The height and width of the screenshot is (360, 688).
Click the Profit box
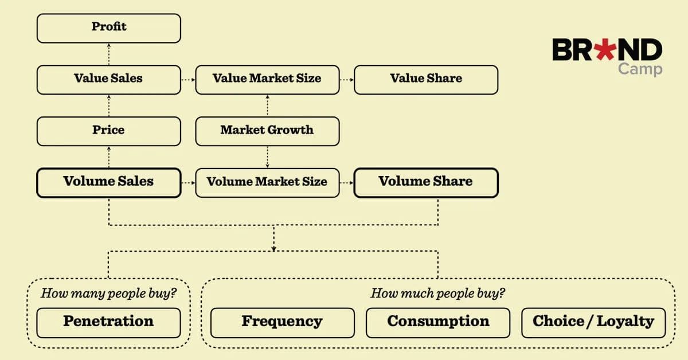[109, 28]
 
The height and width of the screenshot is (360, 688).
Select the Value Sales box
[109, 80]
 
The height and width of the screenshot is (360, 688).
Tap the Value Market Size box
[268, 80]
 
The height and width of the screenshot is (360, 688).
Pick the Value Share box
[426, 80]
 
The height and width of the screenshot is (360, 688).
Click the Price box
[109, 131]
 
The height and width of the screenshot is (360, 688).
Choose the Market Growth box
[268, 131]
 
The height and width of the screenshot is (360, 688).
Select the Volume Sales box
[109, 183]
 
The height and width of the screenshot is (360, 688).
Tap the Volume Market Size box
[268, 183]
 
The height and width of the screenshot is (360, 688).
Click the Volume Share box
[426, 183]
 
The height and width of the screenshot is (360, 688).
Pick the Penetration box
[109, 323]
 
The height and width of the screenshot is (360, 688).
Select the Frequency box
[283, 323]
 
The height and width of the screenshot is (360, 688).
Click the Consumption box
[438, 323]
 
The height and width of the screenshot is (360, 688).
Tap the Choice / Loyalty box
[594, 323]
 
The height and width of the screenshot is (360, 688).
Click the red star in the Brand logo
[605, 49]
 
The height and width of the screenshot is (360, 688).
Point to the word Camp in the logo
[640, 69]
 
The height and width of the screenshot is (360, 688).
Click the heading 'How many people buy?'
[109, 294]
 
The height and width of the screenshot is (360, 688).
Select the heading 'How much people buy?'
[437, 294]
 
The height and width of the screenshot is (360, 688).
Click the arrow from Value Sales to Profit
[109, 54]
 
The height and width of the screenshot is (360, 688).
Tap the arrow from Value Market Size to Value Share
[347, 80]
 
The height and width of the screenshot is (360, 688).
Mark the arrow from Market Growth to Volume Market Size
[268, 157]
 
